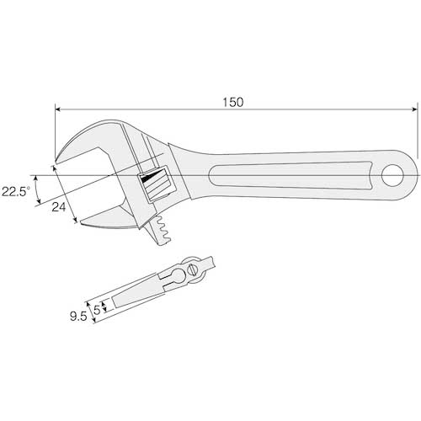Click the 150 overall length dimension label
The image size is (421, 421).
click(233, 102)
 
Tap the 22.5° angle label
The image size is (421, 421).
click(16, 191)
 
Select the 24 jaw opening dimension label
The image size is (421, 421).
click(59, 207)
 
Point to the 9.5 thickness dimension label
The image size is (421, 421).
click(78, 317)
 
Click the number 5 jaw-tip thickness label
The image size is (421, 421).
click(97, 310)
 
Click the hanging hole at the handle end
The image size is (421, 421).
click(392, 176)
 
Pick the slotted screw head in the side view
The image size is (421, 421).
click(192, 270)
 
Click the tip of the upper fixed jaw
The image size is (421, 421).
click(56, 161)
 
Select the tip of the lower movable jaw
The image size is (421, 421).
click(82, 221)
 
